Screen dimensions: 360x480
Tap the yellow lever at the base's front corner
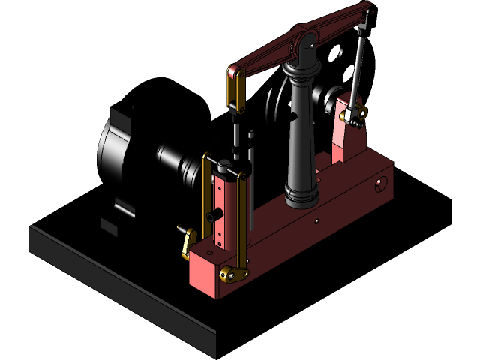(x=187, y=242)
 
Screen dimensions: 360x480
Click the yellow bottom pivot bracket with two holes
(x=235, y=275)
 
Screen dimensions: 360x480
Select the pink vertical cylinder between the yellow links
(x=223, y=210)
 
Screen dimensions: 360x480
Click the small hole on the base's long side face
(x=318, y=221)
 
